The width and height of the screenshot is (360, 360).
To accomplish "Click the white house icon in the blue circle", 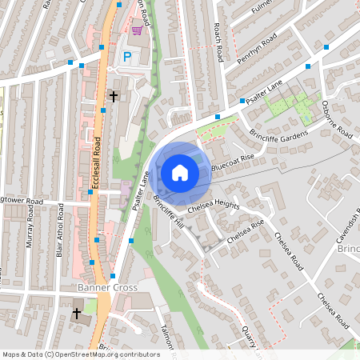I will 180,172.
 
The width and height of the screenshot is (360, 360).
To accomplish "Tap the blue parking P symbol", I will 127,57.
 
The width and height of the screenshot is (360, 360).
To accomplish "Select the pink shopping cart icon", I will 137,30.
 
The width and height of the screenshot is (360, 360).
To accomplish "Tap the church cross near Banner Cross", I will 77,314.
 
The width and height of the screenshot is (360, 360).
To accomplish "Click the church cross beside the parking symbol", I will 113,96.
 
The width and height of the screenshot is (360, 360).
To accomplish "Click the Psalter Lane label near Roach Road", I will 266,92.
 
